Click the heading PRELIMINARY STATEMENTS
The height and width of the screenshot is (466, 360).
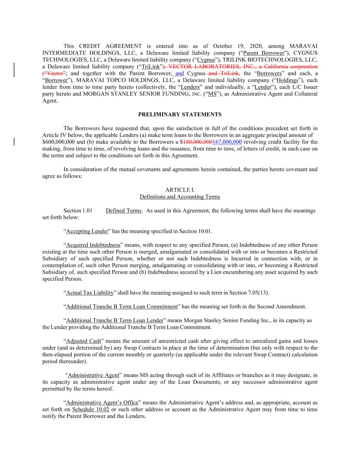180,115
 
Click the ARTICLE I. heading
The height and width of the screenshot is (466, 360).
180,190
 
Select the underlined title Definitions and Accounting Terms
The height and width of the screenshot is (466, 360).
180,197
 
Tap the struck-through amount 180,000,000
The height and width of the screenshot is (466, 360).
198,142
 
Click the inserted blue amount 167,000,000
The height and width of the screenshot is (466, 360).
227,142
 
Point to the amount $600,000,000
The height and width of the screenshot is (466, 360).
57,142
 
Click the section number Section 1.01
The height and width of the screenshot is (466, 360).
78,211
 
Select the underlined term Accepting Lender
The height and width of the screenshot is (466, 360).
87,231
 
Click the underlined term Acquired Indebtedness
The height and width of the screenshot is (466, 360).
93,245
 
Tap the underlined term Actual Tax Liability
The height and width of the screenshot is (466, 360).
90,293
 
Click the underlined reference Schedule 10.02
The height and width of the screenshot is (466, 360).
91,410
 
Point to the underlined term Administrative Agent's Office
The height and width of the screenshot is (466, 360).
102,403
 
